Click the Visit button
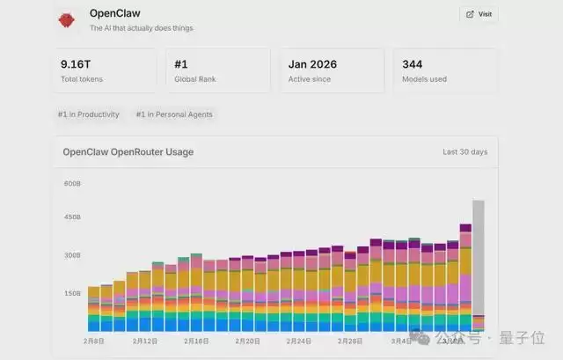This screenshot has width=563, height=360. click(x=479, y=14)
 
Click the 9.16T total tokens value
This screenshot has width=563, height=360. click(x=76, y=64)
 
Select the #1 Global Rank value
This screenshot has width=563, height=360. click(x=182, y=64)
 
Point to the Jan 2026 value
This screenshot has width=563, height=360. click(x=312, y=64)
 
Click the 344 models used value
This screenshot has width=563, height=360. click(x=412, y=64)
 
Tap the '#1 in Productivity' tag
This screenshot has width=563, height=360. click(x=88, y=114)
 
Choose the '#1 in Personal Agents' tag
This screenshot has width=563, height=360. click(x=174, y=114)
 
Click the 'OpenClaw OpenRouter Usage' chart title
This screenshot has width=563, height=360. click(x=128, y=152)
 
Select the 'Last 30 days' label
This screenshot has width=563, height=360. click(x=464, y=152)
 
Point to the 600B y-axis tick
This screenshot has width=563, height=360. click(x=72, y=183)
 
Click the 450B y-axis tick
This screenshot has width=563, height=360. click(x=72, y=217)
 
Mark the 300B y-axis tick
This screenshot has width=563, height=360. click(x=72, y=255)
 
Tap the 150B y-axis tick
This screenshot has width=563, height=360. click(x=72, y=293)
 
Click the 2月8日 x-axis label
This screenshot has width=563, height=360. click(x=93, y=341)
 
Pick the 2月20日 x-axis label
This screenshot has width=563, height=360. click(x=248, y=341)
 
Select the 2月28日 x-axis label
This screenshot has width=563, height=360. click(x=350, y=341)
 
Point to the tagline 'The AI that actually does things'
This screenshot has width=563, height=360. click(x=142, y=28)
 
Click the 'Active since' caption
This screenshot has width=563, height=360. click(x=309, y=79)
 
